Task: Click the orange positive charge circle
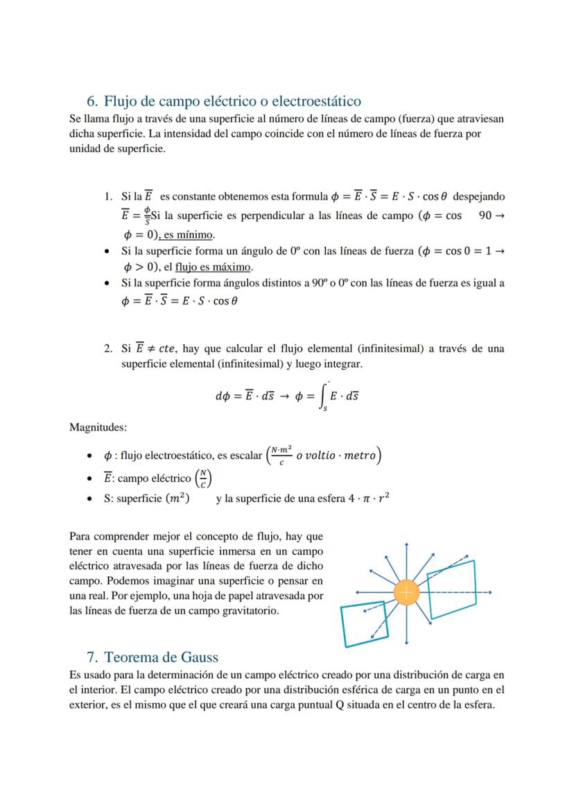[x=406, y=592]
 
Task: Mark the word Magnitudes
[x=98, y=428]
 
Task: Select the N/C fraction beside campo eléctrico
[x=202, y=478]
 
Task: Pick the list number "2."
[x=108, y=349]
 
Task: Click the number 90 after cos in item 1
[x=485, y=216]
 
